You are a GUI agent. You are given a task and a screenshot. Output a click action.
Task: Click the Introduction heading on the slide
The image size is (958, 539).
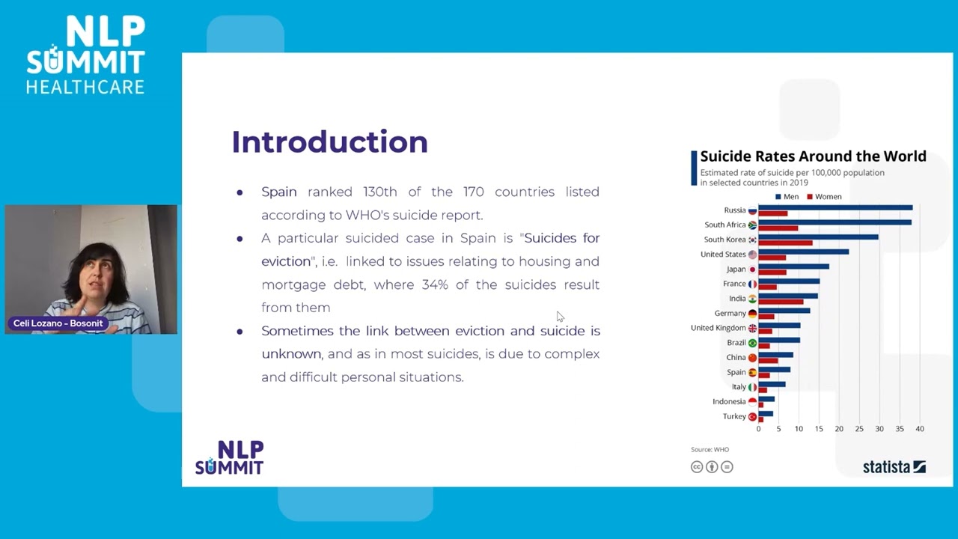pyautogui.click(x=329, y=142)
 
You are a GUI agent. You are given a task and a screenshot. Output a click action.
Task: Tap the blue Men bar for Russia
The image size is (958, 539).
pyautogui.click(x=835, y=207)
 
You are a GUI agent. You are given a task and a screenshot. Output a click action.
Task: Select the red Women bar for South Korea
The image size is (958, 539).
pyautogui.click(x=785, y=243)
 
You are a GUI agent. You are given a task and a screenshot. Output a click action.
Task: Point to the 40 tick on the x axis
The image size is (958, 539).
pyautogui.click(x=920, y=429)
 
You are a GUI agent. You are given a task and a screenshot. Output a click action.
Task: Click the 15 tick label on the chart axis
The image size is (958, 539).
pyautogui.click(x=819, y=429)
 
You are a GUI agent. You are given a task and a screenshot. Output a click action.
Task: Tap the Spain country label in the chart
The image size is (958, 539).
pyautogui.click(x=736, y=372)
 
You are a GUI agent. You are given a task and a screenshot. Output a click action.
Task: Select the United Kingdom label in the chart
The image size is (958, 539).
pyautogui.click(x=718, y=328)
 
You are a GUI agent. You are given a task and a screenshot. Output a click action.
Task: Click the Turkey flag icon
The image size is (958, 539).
pyautogui.click(x=752, y=417)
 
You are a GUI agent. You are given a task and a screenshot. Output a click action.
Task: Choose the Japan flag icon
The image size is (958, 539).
pyautogui.click(x=752, y=269)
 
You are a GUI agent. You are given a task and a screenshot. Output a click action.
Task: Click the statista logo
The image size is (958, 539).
pyautogui.click(x=894, y=467)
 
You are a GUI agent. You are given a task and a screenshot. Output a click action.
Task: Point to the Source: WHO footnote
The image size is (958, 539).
pyautogui.click(x=710, y=450)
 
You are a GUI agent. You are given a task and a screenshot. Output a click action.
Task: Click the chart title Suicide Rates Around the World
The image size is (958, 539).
pyautogui.click(x=813, y=156)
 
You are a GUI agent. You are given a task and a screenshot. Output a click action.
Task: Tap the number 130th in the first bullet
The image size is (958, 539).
pyautogui.click(x=380, y=192)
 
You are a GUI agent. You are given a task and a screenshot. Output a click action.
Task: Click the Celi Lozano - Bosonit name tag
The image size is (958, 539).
pyautogui.click(x=58, y=323)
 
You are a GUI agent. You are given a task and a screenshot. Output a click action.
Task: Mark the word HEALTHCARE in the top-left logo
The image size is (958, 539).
pyautogui.click(x=85, y=88)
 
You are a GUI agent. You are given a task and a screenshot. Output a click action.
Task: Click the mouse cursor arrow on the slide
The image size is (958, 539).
pyautogui.click(x=560, y=317)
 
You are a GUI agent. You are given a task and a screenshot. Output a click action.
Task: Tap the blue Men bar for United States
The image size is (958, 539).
pyautogui.click(x=803, y=252)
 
